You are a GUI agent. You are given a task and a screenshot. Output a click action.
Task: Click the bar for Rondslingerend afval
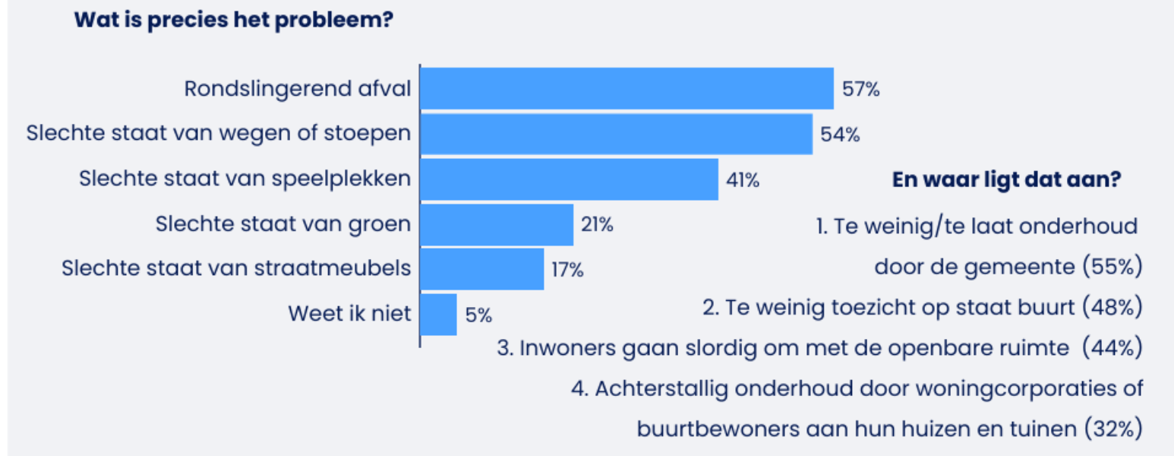pyautogui.click(x=626, y=88)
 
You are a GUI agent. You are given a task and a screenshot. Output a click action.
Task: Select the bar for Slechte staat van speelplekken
pyautogui.click(x=569, y=179)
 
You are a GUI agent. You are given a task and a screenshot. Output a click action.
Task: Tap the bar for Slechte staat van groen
pyautogui.click(x=497, y=224)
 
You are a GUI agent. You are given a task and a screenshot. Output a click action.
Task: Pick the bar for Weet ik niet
pyautogui.click(x=438, y=314)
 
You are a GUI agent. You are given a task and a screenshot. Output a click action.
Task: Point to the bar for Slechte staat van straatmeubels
pyautogui.click(x=482, y=269)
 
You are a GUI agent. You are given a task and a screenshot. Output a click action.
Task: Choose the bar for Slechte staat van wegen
pyautogui.click(x=616, y=134)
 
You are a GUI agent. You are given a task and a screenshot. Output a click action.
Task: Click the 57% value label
pyautogui.click(x=860, y=90)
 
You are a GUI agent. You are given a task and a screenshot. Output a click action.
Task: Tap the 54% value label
pyautogui.click(x=840, y=135)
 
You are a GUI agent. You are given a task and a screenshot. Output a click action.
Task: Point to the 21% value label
pyautogui.click(x=598, y=225)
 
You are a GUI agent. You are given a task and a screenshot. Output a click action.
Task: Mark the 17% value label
pyautogui.click(x=567, y=270)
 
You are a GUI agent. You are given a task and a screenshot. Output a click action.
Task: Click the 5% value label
pyautogui.click(x=479, y=315)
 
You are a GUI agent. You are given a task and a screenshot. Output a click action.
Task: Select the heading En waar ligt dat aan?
pyautogui.click(x=1008, y=181)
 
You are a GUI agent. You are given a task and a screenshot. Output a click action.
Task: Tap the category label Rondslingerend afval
pyautogui.click(x=298, y=89)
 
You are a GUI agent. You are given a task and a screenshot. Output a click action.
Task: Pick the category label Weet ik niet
pyautogui.click(x=349, y=314)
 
